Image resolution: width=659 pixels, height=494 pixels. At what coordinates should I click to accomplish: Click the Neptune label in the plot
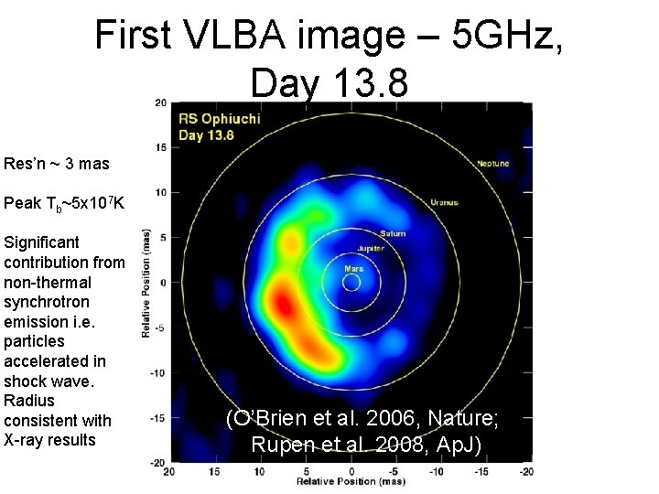(492, 164)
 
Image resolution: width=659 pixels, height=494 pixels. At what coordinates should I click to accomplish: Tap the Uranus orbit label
(446, 202)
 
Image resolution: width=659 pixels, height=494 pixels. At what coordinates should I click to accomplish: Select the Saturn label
(393, 234)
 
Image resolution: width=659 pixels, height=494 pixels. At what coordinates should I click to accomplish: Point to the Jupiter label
(370, 248)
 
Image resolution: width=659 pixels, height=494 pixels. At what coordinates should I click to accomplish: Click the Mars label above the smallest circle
(353, 269)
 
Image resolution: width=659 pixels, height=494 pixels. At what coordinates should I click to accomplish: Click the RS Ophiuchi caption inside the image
(219, 119)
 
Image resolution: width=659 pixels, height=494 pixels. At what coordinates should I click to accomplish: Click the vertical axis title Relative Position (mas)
(146, 283)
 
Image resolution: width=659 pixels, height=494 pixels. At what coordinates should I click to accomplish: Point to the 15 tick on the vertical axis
(160, 147)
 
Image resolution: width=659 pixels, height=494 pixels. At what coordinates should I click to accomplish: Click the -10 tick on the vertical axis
(158, 372)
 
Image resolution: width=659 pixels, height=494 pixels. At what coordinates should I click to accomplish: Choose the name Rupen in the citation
(276, 445)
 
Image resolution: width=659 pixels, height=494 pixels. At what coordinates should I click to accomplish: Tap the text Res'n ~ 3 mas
(56, 164)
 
